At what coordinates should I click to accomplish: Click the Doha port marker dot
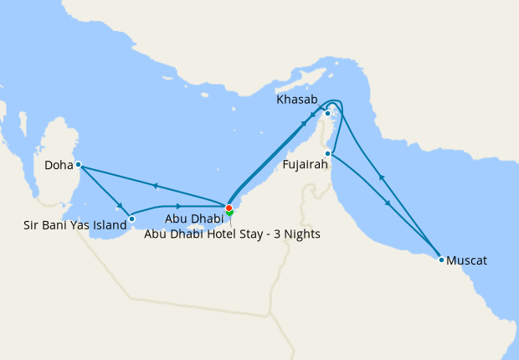tap(78, 164)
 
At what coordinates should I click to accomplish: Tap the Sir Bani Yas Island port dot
tap(131, 219)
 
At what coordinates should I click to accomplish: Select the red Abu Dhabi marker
tap(229, 208)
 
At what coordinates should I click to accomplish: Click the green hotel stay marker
tap(229, 213)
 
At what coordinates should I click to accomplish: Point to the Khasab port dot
tap(328, 113)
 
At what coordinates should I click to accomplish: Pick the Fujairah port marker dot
tap(329, 154)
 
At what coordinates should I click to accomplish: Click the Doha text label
tap(59, 166)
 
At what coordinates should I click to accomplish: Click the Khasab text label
tap(296, 100)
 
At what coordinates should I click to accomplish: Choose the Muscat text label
tap(467, 261)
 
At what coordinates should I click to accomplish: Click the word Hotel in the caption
tap(224, 234)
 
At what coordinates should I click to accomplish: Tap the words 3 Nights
tap(296, 234)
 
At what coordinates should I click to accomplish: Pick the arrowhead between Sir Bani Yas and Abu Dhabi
tap(178, 206)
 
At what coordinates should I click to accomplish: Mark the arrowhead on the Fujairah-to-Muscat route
tap(387, 203)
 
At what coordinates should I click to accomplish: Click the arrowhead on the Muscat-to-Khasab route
tap(382, 177)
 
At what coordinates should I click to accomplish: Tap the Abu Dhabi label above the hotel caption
tap(193, 219)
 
